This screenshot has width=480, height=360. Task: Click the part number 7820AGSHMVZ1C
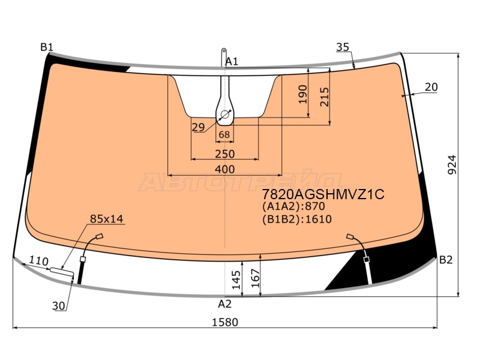(x=323, y=194)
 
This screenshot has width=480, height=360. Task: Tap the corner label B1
(x=47, y=47)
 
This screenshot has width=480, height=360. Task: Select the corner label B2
(x=445, y=260)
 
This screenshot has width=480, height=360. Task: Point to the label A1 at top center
(x=232, y=62)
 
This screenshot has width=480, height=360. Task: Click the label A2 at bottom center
(x=224, y=304)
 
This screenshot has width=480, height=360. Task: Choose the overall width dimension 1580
(x=224, y=322)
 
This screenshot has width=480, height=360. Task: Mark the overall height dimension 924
(x=452, y=165)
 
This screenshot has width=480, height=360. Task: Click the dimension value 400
(x=224, y=169)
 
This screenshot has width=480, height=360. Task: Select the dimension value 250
(x=224, y=154)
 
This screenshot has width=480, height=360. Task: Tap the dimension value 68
(x=224, y=134)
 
